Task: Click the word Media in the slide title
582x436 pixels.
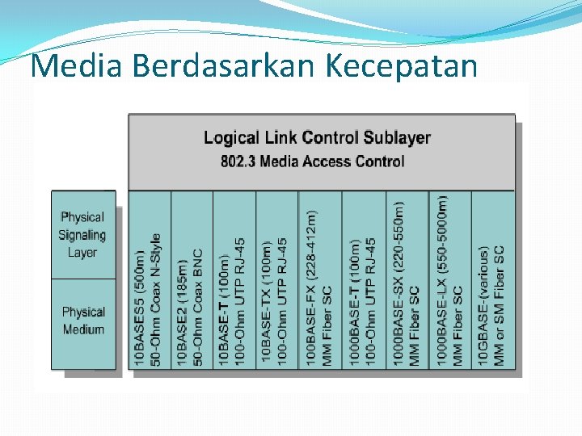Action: (x=75, y=66)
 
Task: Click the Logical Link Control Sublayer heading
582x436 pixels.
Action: (x=317, y=137)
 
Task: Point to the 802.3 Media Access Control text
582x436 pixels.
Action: (x=313, y=161)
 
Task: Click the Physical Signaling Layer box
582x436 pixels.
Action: (x=82, y=234)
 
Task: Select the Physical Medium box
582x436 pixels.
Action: (x=83, y=321)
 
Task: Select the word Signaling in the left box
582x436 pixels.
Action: (x=82, y=235)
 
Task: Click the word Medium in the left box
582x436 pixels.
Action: (x=83, y=329)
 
